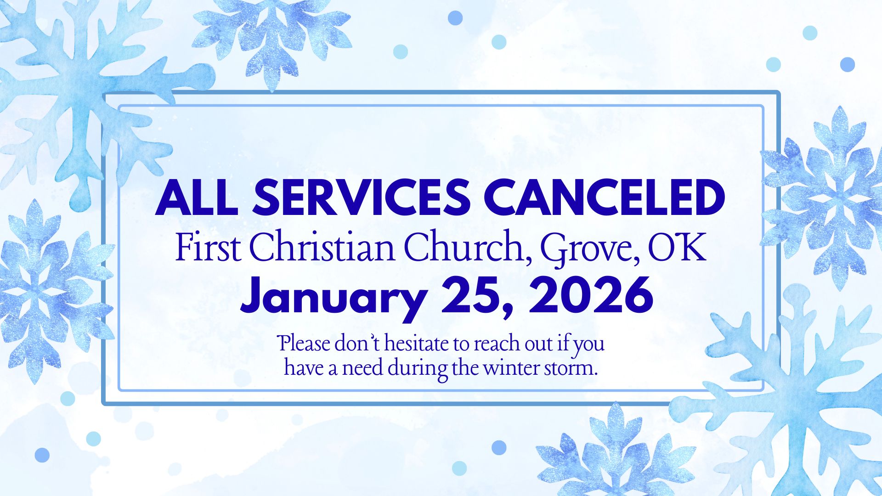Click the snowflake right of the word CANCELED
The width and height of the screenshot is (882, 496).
[822, 197]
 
